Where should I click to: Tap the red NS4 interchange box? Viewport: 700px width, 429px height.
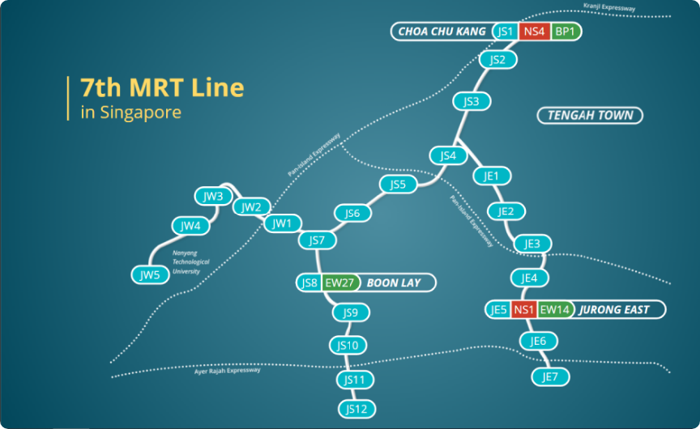pyautogui.click(x=534, y=32)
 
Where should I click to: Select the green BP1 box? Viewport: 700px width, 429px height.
pyautogui.click(x=565, y=32)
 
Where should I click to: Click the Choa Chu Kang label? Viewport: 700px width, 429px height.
pyautogui.click(x=442, y=32)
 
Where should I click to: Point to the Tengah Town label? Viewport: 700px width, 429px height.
pyautogui.click(x=590, y=116)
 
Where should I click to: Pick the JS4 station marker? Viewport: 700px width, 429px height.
pyautogui.click(x=448, y=155)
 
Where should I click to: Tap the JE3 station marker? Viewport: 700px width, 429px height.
pyautogui.click(x=532, y=244)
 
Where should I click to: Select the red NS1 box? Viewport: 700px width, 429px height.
pyautogui.click(x=523, y=309)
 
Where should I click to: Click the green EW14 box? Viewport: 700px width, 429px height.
pyautogui.click(x=555, y=309)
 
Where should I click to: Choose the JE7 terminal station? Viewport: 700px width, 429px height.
pyautogui.click(x=551, y=376)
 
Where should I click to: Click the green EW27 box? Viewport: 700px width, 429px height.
pyautogui.click(x=339, y=282)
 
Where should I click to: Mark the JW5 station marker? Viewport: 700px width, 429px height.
pyautogui.click(x=150, y=275)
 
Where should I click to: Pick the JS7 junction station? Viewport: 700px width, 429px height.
pyautogui.click(x=317, y=240)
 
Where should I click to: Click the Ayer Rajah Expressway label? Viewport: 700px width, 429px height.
pyautogui.click(x=228, y=371)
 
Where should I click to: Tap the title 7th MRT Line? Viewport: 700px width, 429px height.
pyautogui.click(x=162, y=87)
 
